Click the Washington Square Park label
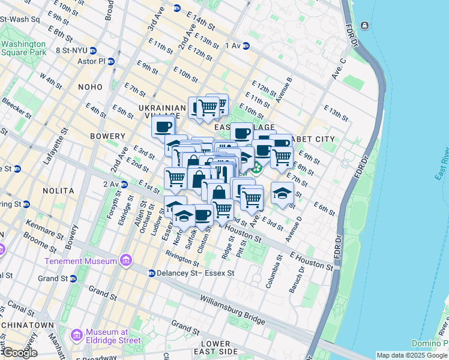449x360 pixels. click(x=23, y=48)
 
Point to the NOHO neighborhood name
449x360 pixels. click(x=90, y=87)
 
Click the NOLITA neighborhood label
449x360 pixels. click(x=58, y=191)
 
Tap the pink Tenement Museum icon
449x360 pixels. click(x=125, y=260)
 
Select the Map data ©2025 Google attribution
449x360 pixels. click(x=412, y=355)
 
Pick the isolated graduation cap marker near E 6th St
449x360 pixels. click(x=282, y=193)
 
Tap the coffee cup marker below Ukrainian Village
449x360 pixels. click(x=163, y=127)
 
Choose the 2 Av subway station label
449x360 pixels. click(x=113, y=184)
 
